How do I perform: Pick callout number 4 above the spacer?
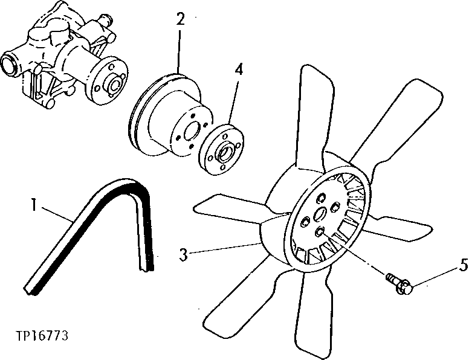coord(239,69)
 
